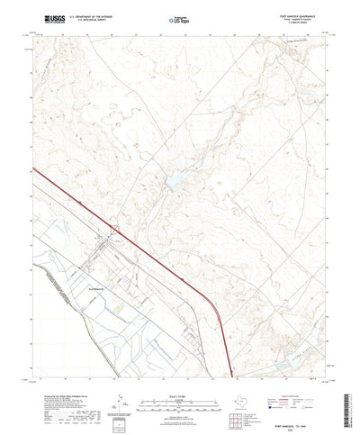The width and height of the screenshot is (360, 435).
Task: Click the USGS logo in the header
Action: pos(41,17)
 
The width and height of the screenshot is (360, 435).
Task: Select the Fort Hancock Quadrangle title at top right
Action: pos(299,14)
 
